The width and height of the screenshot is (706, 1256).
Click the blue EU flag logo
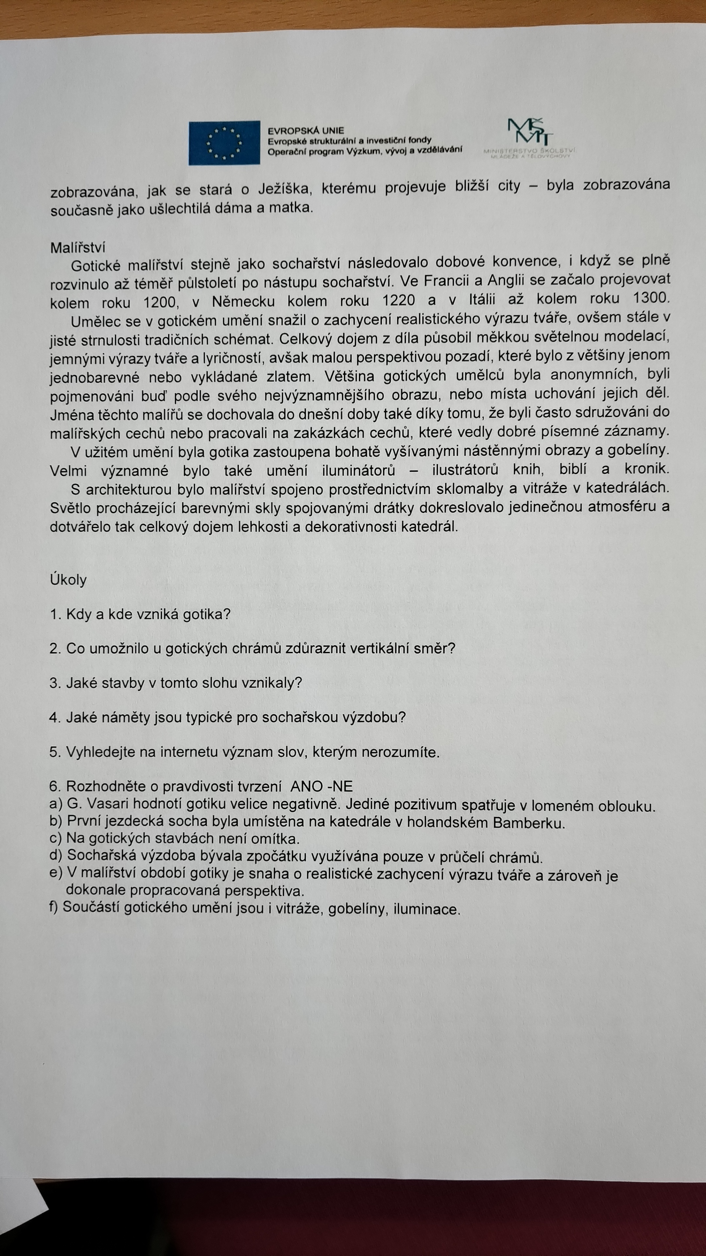224,143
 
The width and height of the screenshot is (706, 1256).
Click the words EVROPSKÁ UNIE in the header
306,131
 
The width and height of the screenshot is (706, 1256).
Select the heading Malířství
77,248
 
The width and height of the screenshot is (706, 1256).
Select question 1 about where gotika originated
140,614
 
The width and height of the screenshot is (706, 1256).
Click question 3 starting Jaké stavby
176,683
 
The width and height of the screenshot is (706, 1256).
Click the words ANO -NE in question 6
321,786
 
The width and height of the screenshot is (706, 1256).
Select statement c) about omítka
175,839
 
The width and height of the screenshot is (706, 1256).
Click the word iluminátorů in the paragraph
358,471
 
